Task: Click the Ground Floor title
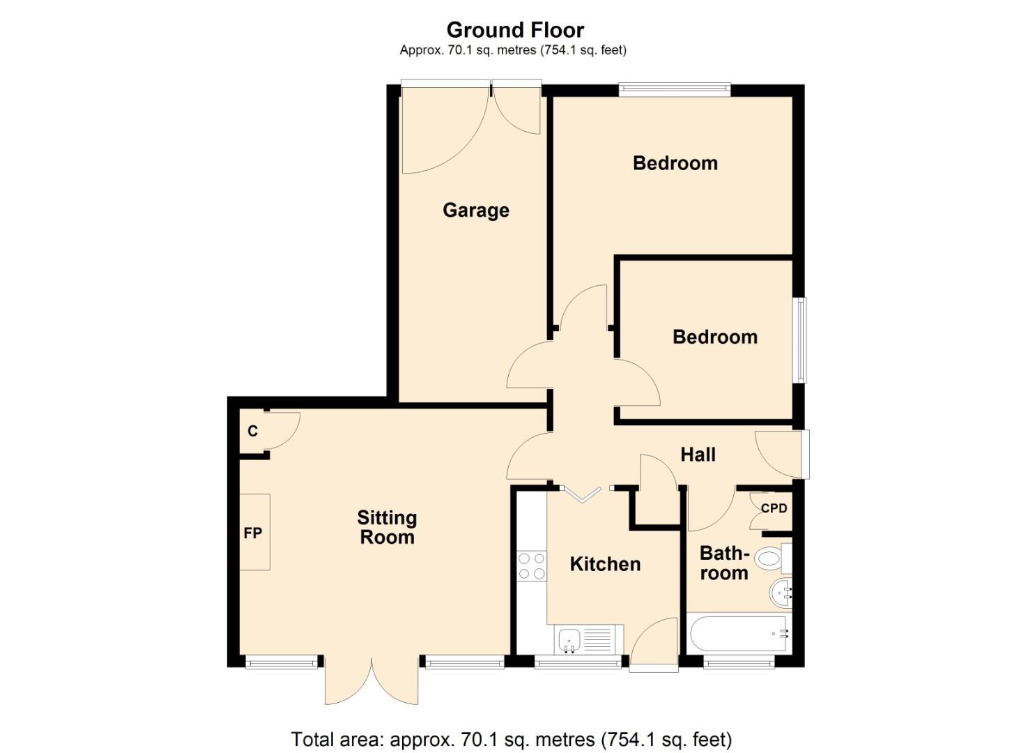pyautogui.click(x=515, y=30)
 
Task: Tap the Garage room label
pyautogui.click(x=476, y=210)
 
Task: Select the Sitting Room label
pyautogui.click(x=387, y=527)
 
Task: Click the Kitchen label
pyautogui.click(x=605, y=564)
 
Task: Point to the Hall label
pyautogui.click(x=698, y=455)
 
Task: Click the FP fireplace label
pyautogui.click(x=252, y=533)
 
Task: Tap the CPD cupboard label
pyautogui.click(x=774, y=508)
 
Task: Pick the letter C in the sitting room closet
pyautogui.click(x=252, y=432)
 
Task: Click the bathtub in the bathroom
pyautogui.click(x=737, y=634)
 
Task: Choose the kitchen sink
pyautogui.click(x=569, y=639)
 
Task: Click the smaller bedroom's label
pyautogui.click(x=714, y=337)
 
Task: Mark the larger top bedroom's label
pyautogui.click(x=675, y=163)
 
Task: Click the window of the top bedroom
pyautogui.click(x=674, y=89)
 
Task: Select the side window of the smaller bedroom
pyautogui.click(x=801, y=340)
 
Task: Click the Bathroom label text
pyautogui.click(x=724, y=563)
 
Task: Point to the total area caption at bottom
pyautogui.click(x=511, y=739)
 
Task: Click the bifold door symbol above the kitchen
pyautogui.click(x=582, y=493)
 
